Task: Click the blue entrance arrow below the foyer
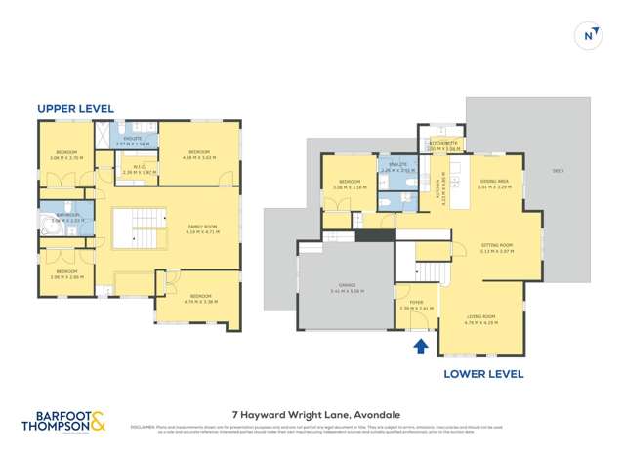(x=421, y=346)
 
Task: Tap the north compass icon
(x=590, y=36)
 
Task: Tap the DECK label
(x=558, y=172)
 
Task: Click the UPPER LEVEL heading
(x=70, y=108)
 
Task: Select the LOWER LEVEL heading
(x=483, y=374)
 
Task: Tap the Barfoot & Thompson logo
(x=64, y=422)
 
